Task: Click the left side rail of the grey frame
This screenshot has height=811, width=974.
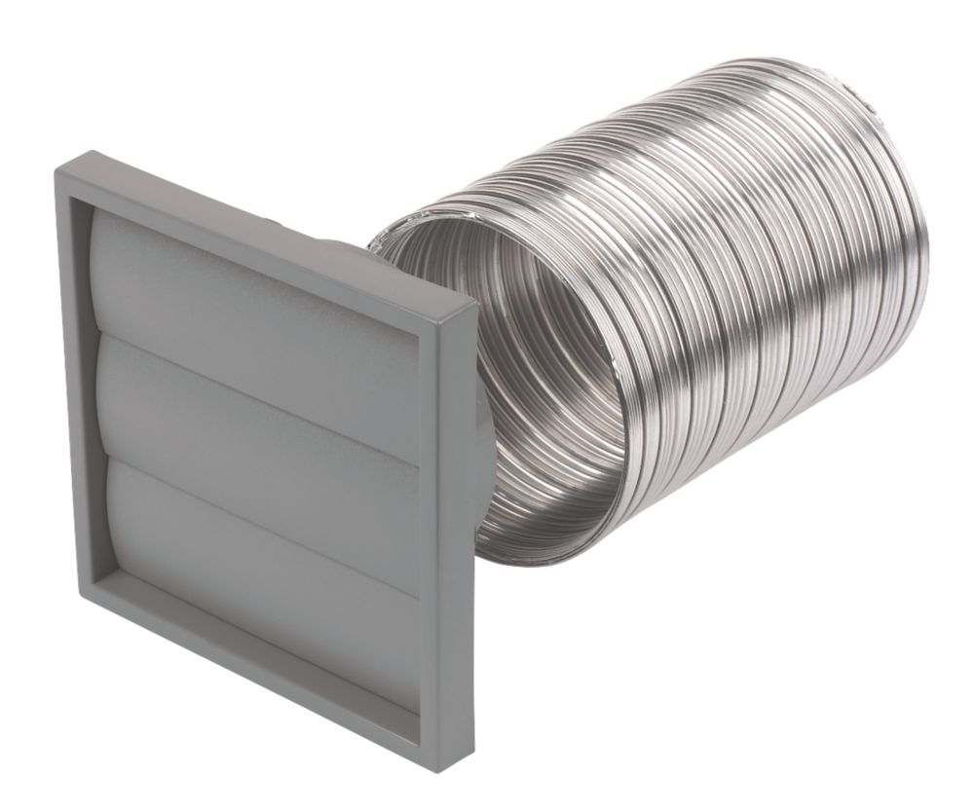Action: [76, 389]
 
